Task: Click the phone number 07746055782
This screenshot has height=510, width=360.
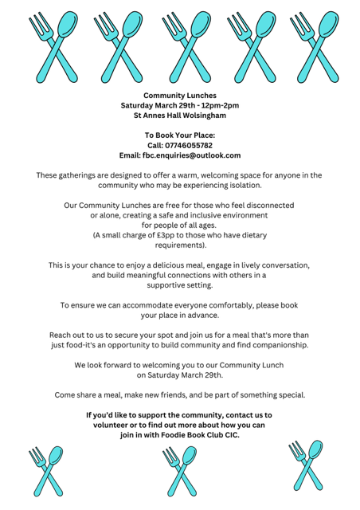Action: tap(190, 145)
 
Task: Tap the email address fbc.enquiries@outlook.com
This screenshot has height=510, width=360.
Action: tap(191, 155)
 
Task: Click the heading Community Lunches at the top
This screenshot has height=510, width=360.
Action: tap(179, 95)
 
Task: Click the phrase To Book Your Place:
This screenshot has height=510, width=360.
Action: tap(179, 135)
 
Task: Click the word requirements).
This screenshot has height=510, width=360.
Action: tap(179, 245)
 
